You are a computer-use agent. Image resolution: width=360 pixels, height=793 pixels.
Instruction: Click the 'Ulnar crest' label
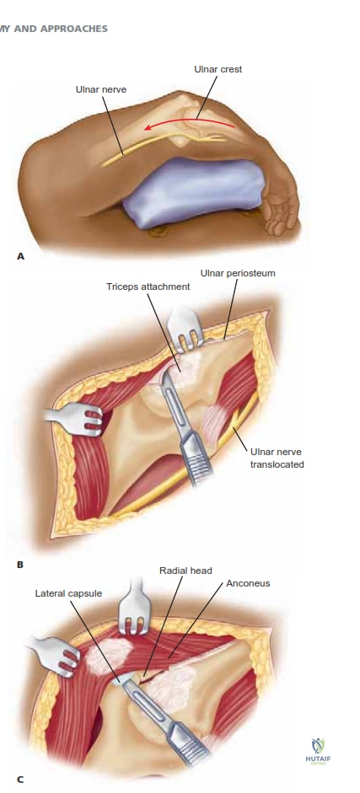[218, 69]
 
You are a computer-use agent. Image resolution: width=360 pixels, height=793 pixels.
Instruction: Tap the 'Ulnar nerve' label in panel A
[101, 89]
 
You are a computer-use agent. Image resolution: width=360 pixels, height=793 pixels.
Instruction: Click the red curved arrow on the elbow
[189, 122]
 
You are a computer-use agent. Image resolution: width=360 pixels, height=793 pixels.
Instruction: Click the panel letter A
[20, 256]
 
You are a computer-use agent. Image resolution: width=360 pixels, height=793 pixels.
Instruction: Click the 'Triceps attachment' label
[148, 287]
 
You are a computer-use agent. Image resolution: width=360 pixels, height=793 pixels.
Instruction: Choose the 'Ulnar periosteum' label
[238, 274]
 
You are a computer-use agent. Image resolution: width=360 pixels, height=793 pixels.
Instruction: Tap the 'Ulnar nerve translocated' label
[277, 458]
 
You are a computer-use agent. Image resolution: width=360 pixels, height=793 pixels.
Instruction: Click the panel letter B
[20, 565]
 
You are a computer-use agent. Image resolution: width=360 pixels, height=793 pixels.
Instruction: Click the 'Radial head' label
[185, 571]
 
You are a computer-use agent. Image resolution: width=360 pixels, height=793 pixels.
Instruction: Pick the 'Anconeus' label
[248, 583]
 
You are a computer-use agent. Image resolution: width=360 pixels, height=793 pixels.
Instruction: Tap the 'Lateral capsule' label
[68, 593]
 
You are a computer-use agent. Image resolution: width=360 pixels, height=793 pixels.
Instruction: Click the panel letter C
[20, 780]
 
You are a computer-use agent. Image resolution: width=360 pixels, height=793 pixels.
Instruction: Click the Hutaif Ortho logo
[318, 752]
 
